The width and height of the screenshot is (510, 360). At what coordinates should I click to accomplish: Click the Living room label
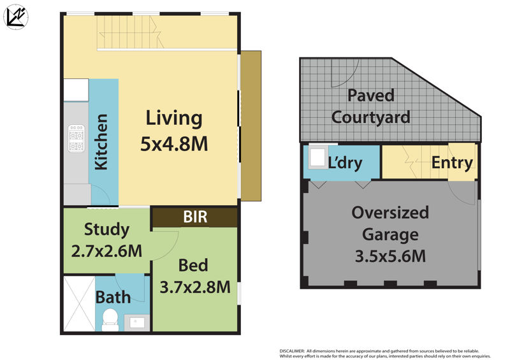click(174, 118)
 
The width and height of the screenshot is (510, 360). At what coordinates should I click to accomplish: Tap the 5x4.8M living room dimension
click(174, 144)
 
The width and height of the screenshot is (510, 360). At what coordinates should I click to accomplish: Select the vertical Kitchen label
click(101, 142)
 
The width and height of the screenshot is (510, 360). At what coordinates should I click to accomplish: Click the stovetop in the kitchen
click(76, 138)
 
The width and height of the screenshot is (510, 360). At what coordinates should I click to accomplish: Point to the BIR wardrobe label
click(195, 217)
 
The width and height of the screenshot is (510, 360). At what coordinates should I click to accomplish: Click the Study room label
click(106, 229)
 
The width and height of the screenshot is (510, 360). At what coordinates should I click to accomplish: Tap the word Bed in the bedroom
click(194, 264)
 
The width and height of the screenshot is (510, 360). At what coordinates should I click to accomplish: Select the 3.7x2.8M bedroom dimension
click(194, 287)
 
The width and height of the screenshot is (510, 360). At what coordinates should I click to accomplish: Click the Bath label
click(113, 296)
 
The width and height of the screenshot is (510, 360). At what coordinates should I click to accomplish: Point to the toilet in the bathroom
click(110, 318)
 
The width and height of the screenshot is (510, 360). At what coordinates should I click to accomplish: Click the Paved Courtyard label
click(370, 106)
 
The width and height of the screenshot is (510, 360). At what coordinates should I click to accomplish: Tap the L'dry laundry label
click(345, 162)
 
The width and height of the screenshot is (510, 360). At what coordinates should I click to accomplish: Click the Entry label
click(452, 162)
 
